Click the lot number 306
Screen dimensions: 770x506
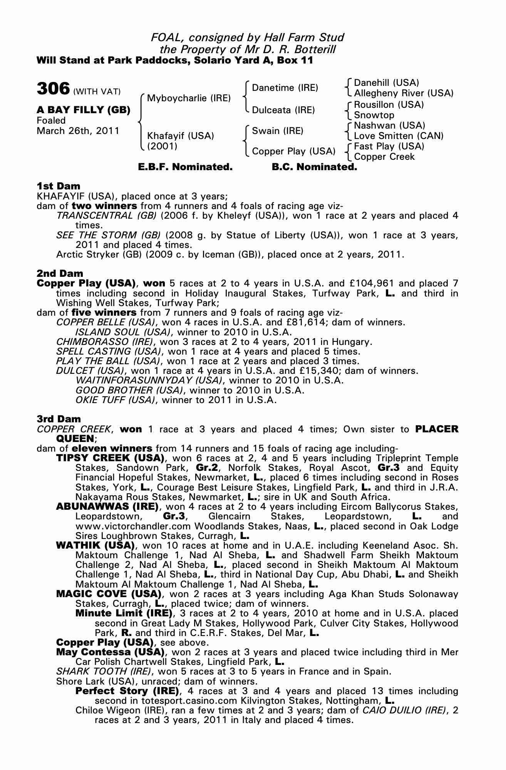tap(53, 89)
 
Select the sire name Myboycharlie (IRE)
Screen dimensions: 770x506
tap(189, 98)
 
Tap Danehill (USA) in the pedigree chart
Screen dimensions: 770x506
tap(386, 83)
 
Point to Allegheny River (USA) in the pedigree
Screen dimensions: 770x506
tap(404, 93)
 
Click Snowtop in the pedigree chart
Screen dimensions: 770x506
tap(374, 115)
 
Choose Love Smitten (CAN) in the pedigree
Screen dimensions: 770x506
tap(399, 136)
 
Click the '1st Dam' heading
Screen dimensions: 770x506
tap(58, 186)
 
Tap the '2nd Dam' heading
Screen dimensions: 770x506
tap(60, 273)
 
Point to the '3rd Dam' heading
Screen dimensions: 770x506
tap(59, 419)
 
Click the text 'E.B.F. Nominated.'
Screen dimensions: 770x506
tap(185, 167)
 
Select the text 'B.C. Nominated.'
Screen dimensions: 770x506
tap(314, 167)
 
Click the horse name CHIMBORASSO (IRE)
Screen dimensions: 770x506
tap(105, 342)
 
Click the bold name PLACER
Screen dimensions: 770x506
tap(437, 429)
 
